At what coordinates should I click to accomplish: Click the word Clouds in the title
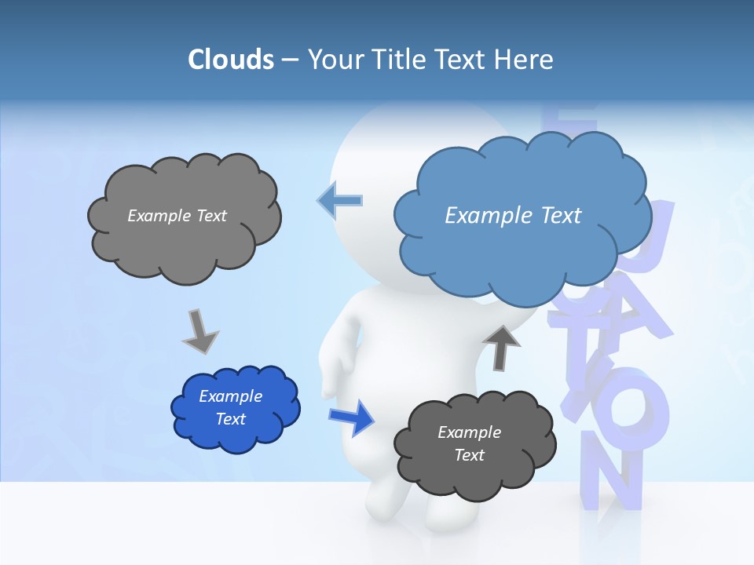231,60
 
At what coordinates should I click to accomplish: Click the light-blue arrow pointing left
340,200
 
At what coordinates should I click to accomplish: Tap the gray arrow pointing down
200,331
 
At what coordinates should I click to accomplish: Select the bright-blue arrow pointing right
352,417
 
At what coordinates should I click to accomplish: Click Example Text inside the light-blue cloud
513,215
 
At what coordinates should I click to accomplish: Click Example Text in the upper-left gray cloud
177,215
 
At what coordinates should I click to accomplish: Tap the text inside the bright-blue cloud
230,407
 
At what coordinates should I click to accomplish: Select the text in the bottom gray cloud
469,443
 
